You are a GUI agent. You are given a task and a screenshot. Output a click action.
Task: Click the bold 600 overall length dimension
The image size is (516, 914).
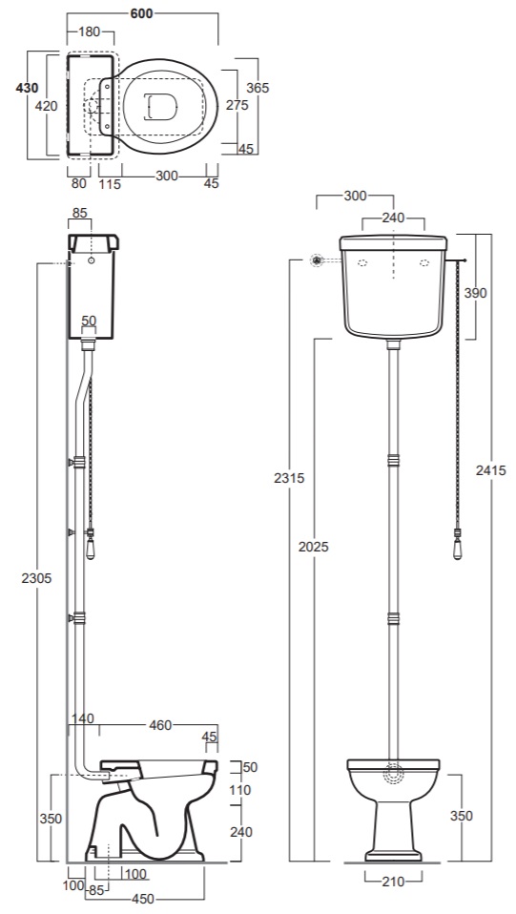tap(142, 13)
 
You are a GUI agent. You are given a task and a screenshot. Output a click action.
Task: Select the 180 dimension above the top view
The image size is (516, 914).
tap(90, 32)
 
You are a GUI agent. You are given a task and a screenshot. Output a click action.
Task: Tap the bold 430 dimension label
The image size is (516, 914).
tap(27, 88)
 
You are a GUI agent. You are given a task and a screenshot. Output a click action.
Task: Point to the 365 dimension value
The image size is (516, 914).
tap(258, 88)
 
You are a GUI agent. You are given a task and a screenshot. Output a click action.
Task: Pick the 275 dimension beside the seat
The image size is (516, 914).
tap(237, 105)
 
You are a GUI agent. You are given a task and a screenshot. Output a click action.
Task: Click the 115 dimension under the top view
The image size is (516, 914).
tap(110, 184)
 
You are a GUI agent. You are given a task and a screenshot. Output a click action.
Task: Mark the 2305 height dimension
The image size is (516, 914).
tap(36, 577)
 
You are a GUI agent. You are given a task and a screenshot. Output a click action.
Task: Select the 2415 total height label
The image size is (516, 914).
tap(491, 469)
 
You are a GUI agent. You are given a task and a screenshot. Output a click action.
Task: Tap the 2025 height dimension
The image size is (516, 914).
tap(314, 546)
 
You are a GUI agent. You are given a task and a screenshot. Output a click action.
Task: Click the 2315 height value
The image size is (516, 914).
tap(290, 478)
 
